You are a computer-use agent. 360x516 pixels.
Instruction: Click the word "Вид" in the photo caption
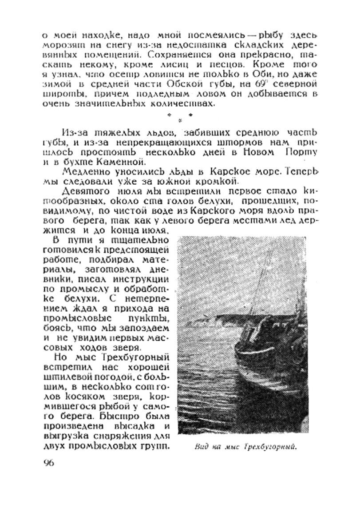(202, 447)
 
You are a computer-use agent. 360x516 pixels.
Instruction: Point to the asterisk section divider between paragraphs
(180, 116)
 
